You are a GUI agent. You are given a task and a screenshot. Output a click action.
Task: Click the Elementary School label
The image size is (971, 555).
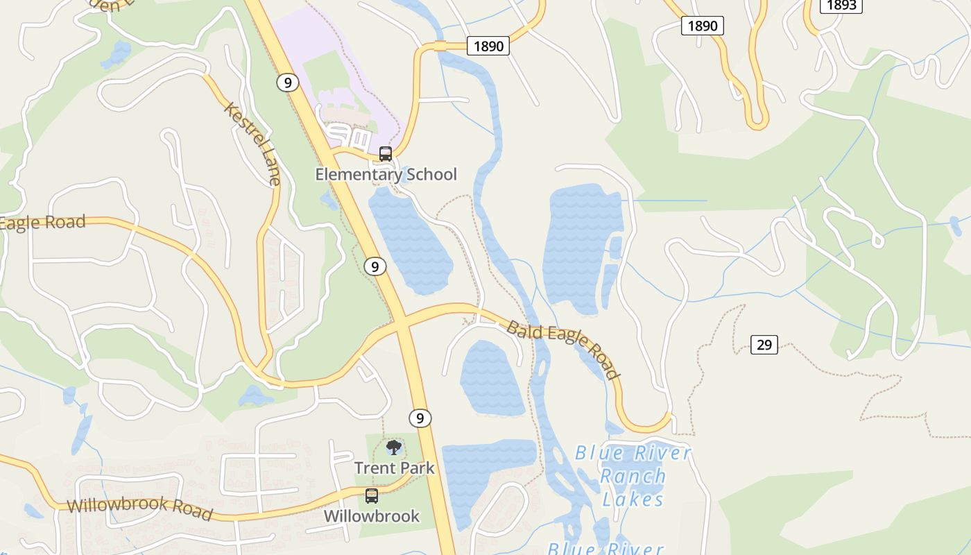386,174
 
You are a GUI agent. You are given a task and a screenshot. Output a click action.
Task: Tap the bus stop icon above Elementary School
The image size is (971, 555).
386,154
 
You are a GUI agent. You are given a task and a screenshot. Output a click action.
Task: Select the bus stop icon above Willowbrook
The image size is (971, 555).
372,496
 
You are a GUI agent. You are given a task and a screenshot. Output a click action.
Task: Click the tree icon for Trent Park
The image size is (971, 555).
394,447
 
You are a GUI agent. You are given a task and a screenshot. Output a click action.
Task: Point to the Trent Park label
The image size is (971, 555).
394,468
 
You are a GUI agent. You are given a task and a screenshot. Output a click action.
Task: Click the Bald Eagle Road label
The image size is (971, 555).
562,350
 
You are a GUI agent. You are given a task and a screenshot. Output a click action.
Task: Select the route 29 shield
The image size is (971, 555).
764,344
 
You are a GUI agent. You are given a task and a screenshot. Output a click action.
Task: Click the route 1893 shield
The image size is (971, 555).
841,5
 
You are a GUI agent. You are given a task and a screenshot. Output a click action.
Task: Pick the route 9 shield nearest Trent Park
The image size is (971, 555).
420,418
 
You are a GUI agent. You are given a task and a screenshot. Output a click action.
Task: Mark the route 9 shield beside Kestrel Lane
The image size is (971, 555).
287,83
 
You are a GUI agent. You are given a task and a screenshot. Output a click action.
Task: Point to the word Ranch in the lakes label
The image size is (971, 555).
633,477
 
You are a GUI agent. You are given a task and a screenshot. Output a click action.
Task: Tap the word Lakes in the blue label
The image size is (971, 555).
633,499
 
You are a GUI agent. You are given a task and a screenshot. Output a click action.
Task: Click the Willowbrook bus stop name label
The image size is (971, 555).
372,516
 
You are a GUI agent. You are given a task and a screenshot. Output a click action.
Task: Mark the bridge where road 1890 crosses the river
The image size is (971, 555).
440,46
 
